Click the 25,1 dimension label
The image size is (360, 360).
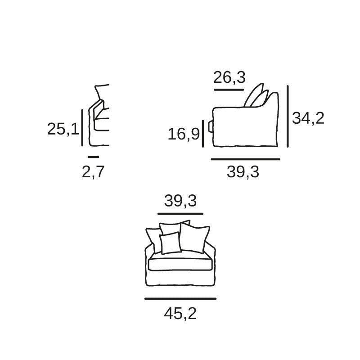pyautogui.click(x=63, y=129)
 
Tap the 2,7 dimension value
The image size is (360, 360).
pyautogui.click(x=93, y=172)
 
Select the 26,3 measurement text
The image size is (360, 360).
pyautogui.click(x=229, y=77)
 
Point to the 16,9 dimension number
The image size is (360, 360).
pyautogui.click(x=184, y=134)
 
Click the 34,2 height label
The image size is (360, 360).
pyautogui.click(x=308, y=118)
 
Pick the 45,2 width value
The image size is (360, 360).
pyautogui.click(x=180, y=314)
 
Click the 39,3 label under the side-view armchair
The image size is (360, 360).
pyautogui.click(x=243, y=172)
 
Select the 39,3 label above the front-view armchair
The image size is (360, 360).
pyautogui.click(x=180, y=201)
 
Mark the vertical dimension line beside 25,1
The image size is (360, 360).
pyautogui.click(x=82, y=128)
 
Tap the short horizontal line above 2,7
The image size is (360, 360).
pyautogui.click(x=94, y=157)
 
